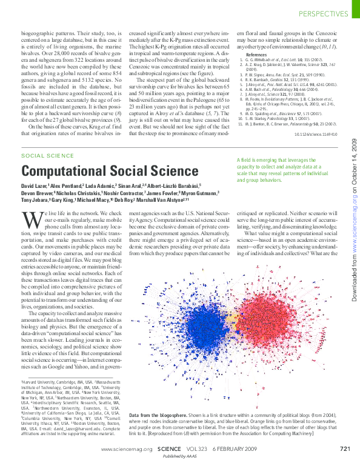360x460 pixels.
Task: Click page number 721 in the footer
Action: pos(345,449)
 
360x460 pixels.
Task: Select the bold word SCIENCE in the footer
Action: pos(169,449)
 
